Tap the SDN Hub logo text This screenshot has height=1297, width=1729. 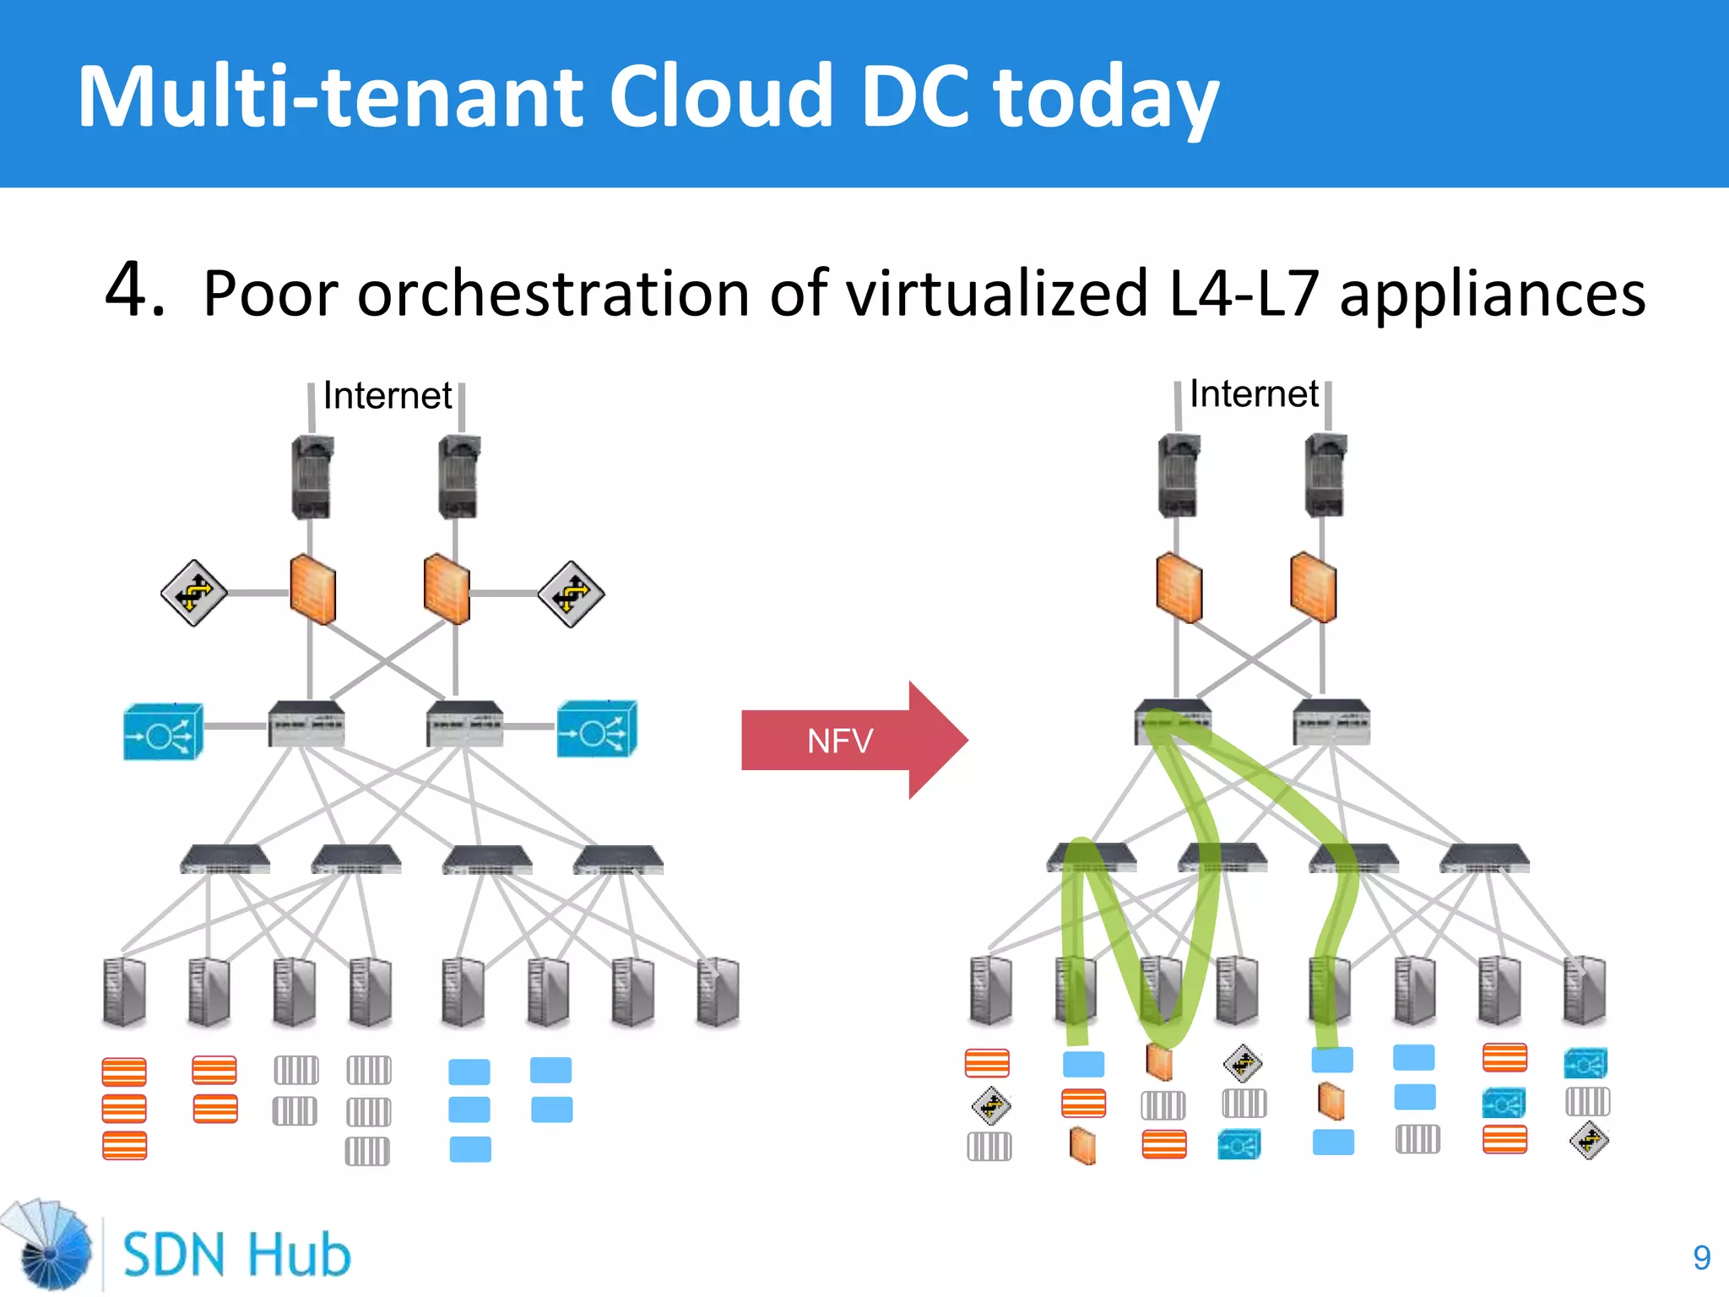tap(236, 1254)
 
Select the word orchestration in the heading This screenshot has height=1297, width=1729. tap(553, 294)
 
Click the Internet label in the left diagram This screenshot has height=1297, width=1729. tap(388, 395)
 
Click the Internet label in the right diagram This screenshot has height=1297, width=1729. tap(1254, 393)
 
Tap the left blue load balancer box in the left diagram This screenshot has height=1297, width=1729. tap(163, 732)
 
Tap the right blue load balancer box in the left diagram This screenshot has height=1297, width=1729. tap(596, 730)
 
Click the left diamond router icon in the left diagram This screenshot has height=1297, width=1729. tap(193, 593)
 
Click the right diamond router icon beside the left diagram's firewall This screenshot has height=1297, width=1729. tap(572, 594)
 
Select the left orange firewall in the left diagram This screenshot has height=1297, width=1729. tap(312, 589)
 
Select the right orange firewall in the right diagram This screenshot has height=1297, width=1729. tap(1313, 587)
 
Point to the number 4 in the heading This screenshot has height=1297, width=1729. tap(133, 290)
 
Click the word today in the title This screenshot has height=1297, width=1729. tap(1106, 97)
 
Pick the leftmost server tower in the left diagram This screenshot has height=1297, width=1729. tap(124, 992)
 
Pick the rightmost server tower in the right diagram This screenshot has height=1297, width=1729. tap(1584, 990)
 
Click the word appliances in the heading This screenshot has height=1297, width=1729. tap(1492, 294)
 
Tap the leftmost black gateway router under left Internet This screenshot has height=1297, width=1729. tap(312, 477)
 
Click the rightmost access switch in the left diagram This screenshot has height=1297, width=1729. tap(618, 860)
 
